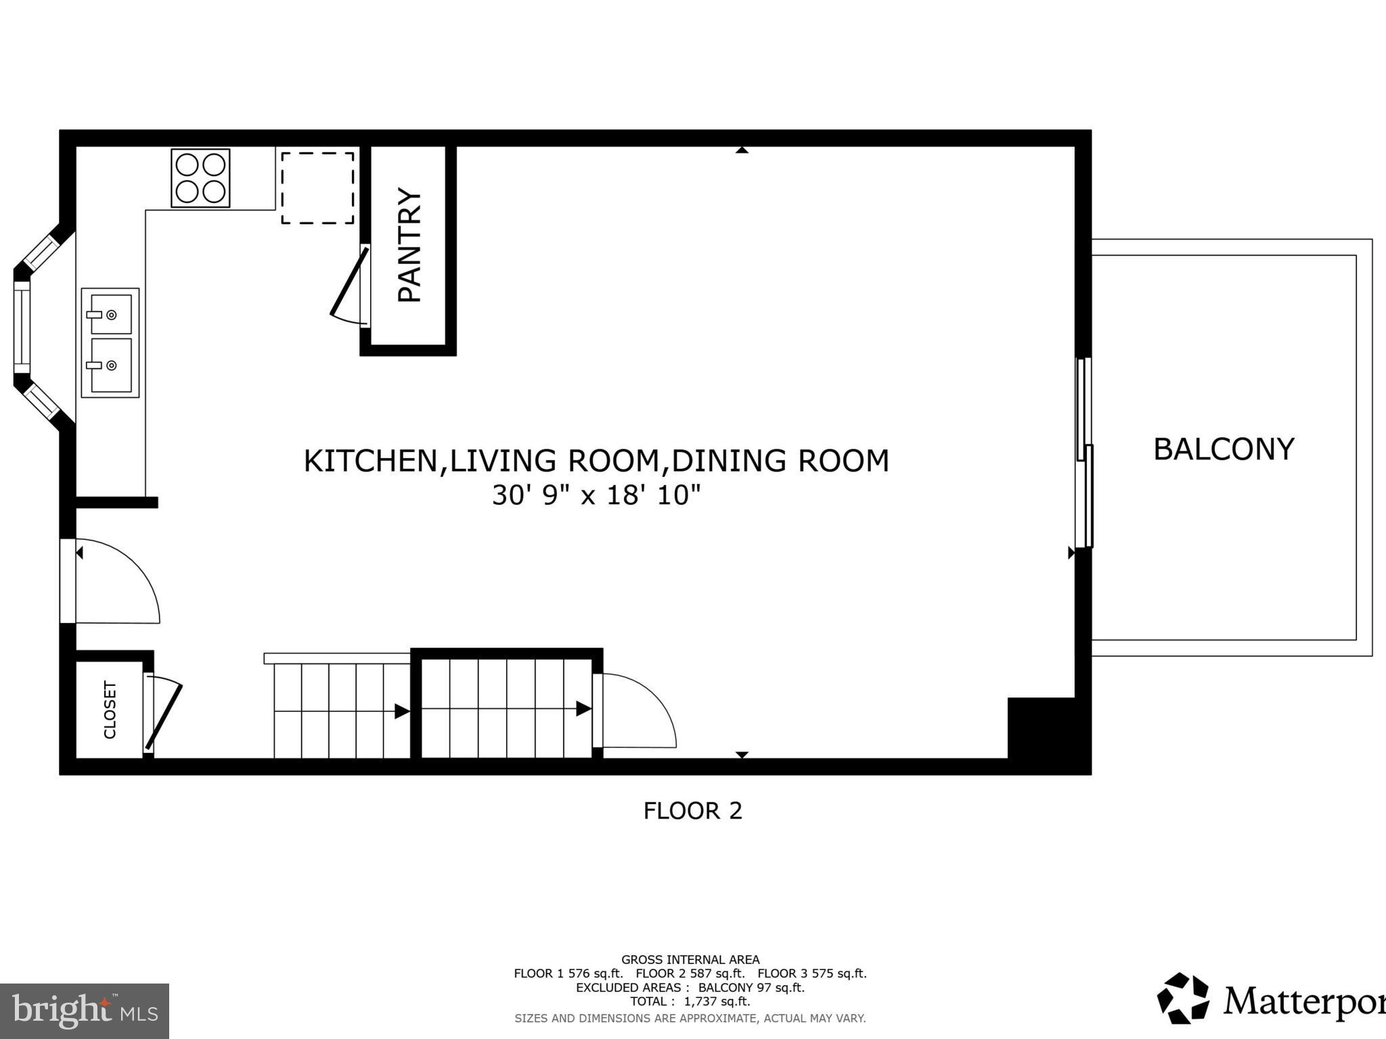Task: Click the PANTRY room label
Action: point(410,245)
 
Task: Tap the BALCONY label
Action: point(1223,449)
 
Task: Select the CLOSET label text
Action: point(110,710)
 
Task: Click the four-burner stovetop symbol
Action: point(200,178)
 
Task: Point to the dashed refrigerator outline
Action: point(317,188)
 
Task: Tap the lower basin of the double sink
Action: point(110,365)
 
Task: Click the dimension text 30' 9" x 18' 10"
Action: point(596,495)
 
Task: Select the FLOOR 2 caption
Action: point(692,810)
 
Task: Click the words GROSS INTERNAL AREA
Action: point(690,959)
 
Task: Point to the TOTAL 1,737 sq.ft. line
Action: point(690,1001)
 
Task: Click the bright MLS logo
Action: point(85,1011)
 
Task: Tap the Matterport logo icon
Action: point(1182,998)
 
